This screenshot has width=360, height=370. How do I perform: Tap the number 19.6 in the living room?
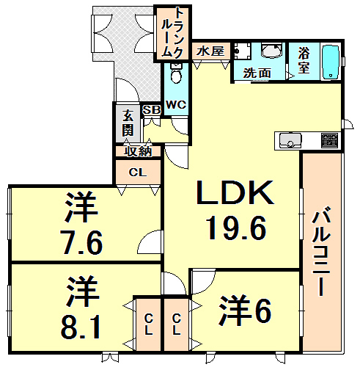[x=234, y=230]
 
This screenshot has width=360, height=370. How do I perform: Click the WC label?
[x=175, y=104]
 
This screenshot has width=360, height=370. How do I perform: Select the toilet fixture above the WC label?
[x=176, y=74]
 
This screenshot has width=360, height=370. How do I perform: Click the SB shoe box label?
[x=152, y=110]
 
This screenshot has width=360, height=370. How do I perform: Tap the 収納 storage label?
[x=137, y=152]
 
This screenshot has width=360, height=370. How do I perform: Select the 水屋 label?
[x=210, y=52]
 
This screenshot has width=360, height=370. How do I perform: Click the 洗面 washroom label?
[x=257, y=73]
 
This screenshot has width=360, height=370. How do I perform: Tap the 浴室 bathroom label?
[x=304, y=60]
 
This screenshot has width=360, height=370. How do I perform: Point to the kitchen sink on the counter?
[x=287, y=140]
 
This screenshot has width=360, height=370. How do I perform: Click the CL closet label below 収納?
[x=137, y=173]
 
